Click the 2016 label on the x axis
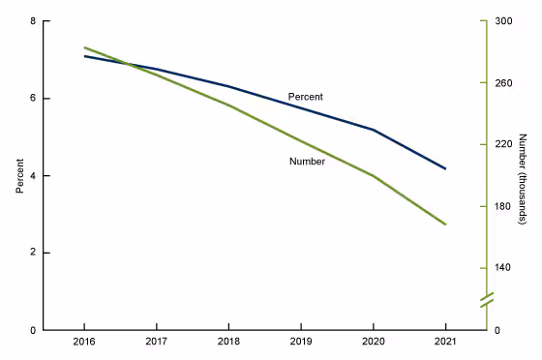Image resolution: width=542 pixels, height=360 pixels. click(83, 344)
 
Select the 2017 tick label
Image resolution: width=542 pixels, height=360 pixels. click(156, 344)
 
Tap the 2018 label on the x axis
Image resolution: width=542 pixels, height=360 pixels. click(228, 344)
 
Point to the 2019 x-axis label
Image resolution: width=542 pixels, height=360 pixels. click(301, 344)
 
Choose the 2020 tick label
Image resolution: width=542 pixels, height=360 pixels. click(373, 344)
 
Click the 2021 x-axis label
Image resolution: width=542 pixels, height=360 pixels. click(445, 344)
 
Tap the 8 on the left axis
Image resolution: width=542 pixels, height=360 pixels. click(34, 21)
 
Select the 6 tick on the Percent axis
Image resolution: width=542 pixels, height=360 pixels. click(34, 99)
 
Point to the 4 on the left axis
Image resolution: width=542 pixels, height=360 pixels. click(34, 176)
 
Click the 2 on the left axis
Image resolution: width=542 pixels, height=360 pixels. click(34, 253)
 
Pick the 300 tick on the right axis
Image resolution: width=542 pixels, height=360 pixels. click(504, 21)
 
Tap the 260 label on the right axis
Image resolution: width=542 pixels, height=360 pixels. click(504, 83)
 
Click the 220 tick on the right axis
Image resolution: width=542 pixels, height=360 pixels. click(504, 144)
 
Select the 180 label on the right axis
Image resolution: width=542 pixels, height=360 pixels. click(504, 206)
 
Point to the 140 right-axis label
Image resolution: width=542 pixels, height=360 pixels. click(504, 268)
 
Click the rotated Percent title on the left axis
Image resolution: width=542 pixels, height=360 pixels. click(18, 175)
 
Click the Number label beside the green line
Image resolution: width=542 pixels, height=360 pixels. click(307, 162)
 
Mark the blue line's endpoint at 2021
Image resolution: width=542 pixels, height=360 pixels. click(445, 168)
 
